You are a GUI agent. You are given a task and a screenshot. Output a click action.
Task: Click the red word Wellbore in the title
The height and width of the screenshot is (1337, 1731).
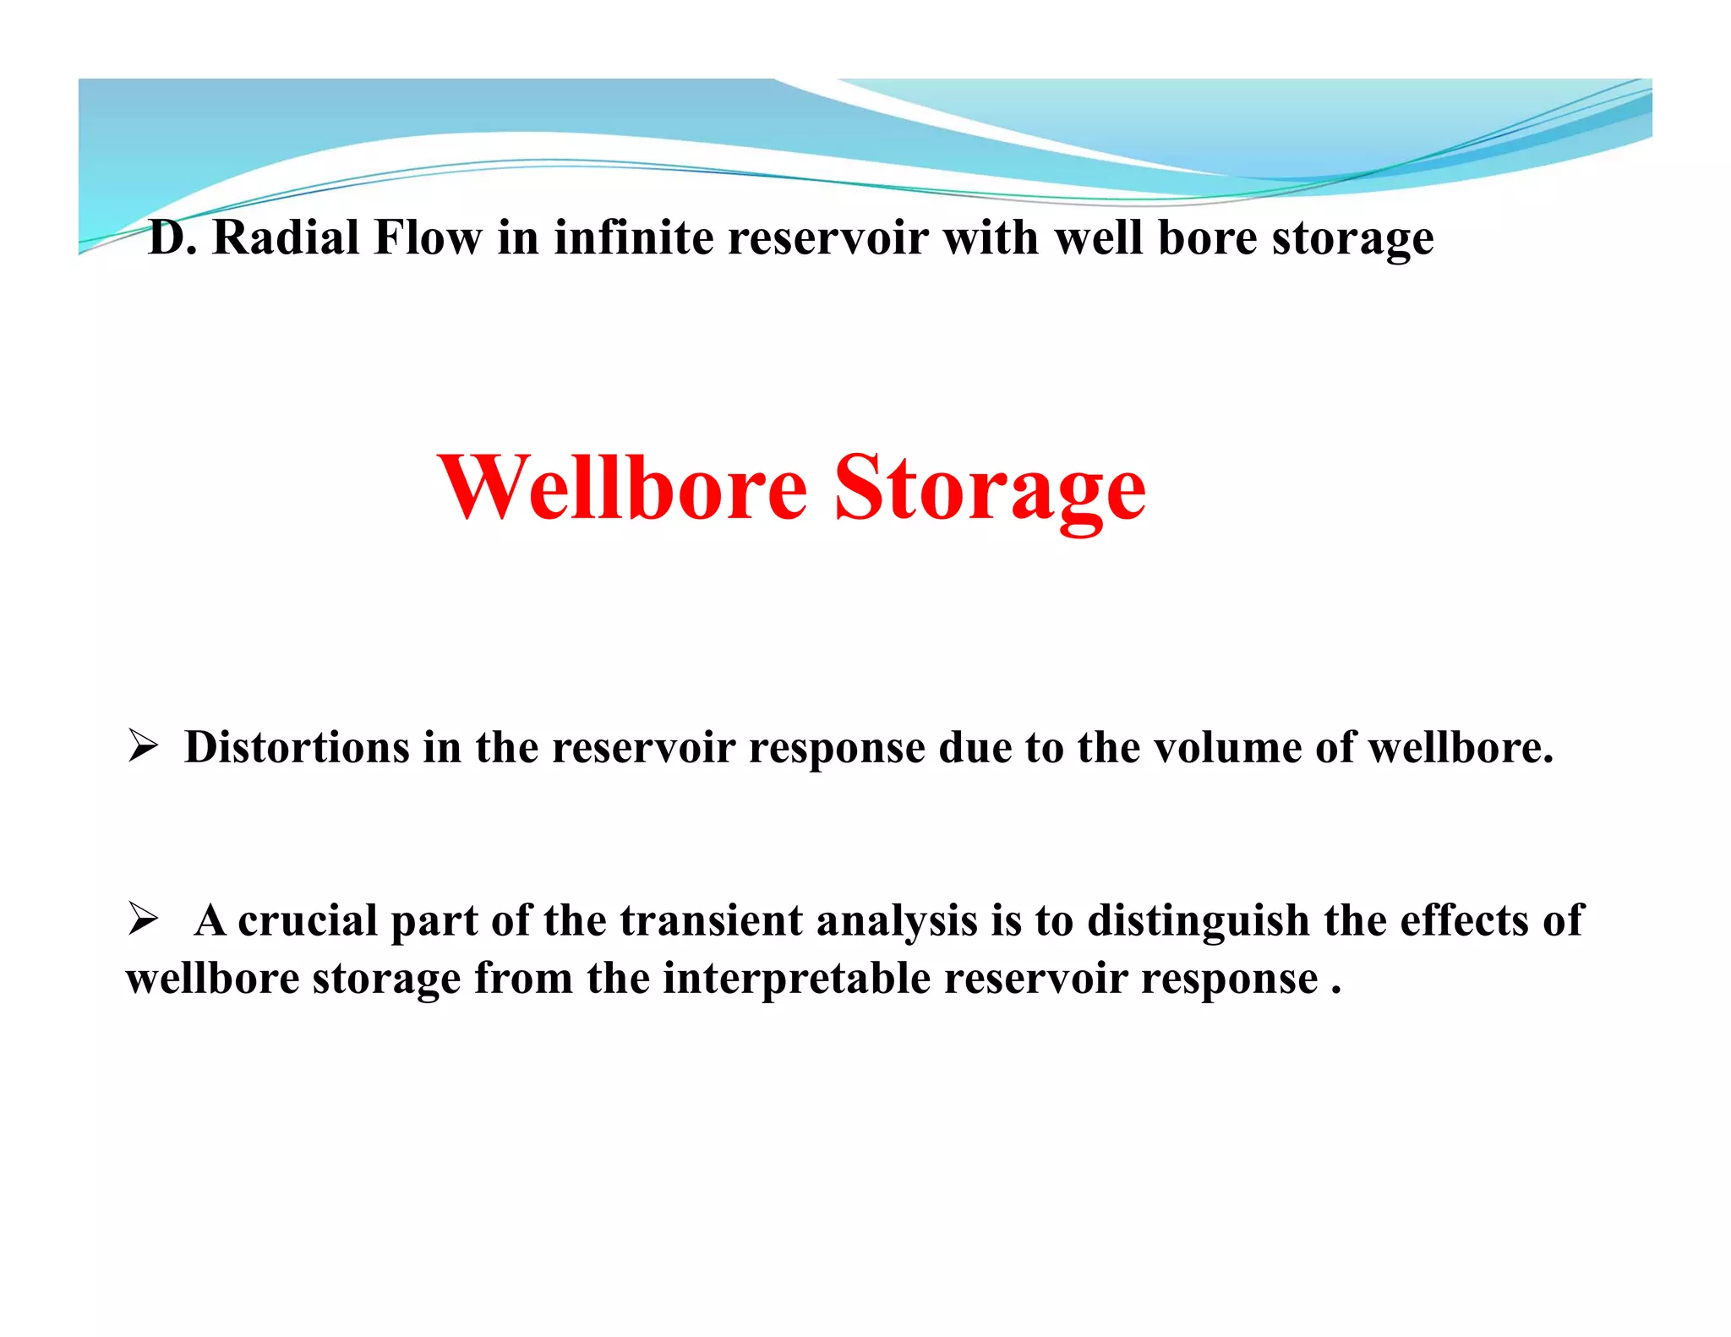623,488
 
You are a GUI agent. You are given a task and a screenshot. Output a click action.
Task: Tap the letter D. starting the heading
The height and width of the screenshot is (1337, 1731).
172,237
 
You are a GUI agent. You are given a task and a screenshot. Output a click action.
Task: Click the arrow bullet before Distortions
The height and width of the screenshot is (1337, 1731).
143,746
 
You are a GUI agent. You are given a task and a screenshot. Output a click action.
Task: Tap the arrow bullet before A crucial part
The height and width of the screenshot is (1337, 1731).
143,919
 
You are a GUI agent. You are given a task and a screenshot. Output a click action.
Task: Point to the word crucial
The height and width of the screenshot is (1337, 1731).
308,920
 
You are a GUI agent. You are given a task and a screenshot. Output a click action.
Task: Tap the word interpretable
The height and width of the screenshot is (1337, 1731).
796,979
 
